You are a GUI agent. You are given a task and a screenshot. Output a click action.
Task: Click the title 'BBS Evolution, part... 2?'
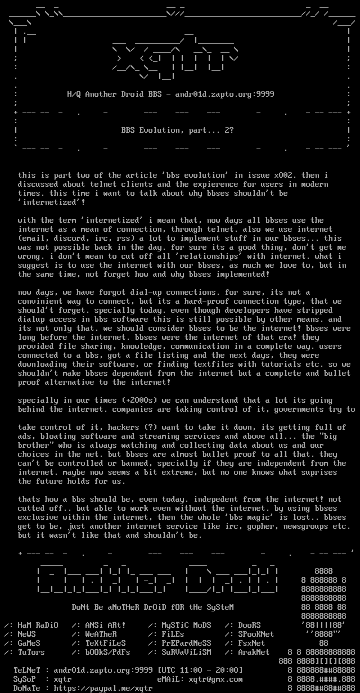point(177,130)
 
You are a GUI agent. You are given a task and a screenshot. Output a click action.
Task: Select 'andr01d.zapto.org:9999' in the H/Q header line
point(224,94)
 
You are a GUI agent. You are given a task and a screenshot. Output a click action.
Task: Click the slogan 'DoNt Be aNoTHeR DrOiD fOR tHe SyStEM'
point(152,607)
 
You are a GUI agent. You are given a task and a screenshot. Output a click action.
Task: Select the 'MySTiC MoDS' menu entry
point(186,625)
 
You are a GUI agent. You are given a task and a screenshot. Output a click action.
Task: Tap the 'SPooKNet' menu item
point(256,634)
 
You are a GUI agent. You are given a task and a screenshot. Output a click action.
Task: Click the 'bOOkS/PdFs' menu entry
point(107,652)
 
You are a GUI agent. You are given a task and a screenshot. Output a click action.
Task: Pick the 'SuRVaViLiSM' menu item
point(186,652)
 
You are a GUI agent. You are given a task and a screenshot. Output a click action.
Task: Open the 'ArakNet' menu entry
point(254,652)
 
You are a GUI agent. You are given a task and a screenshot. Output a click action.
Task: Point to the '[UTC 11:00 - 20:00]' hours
point(200,670)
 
